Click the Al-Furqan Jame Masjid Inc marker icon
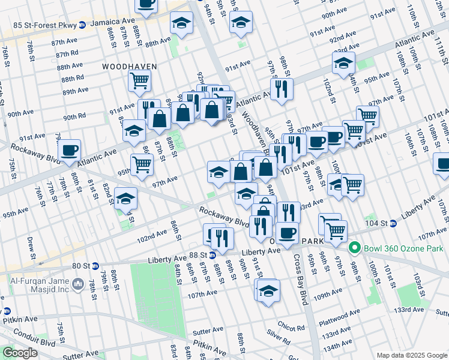tap(77, 283)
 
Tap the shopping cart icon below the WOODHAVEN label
tap(139, 79)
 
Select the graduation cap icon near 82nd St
tap(125, 198)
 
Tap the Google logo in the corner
tap(20, 353)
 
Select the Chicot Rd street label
tap(291, 328)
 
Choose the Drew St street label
tap(31, 244)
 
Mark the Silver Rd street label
tap(278, 340)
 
